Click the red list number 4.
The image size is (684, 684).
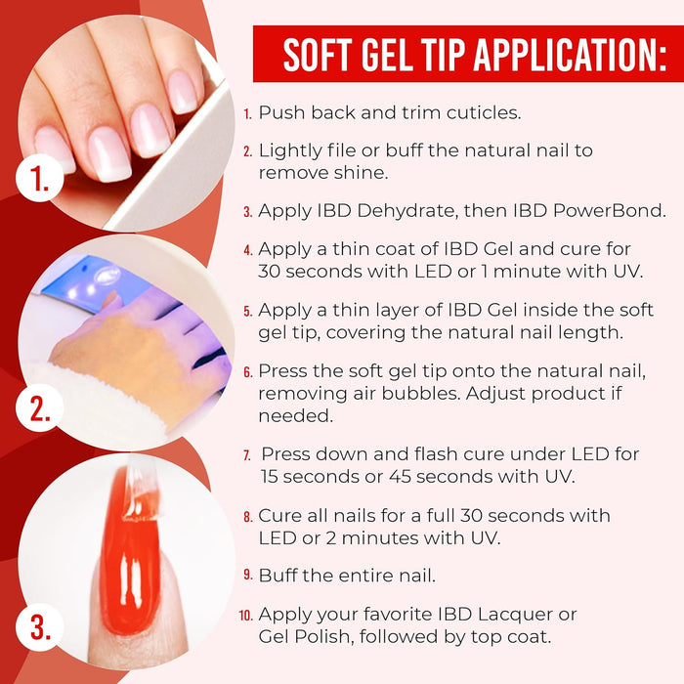point(248,250)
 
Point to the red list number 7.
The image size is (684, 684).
point(249,456)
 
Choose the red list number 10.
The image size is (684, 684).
point(245,616)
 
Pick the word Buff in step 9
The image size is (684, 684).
point(278,575)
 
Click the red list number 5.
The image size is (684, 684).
point(248,311)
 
